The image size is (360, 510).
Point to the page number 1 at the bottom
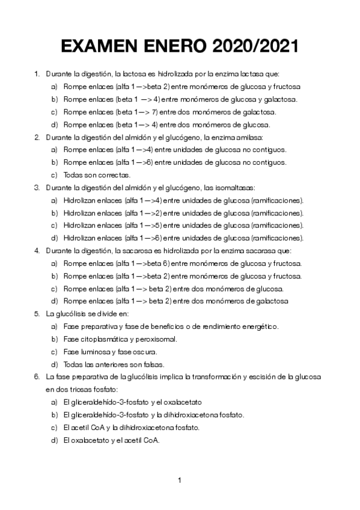click(180, 480)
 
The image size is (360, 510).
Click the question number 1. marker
click(37, 74)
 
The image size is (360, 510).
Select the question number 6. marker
click(37, 377)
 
